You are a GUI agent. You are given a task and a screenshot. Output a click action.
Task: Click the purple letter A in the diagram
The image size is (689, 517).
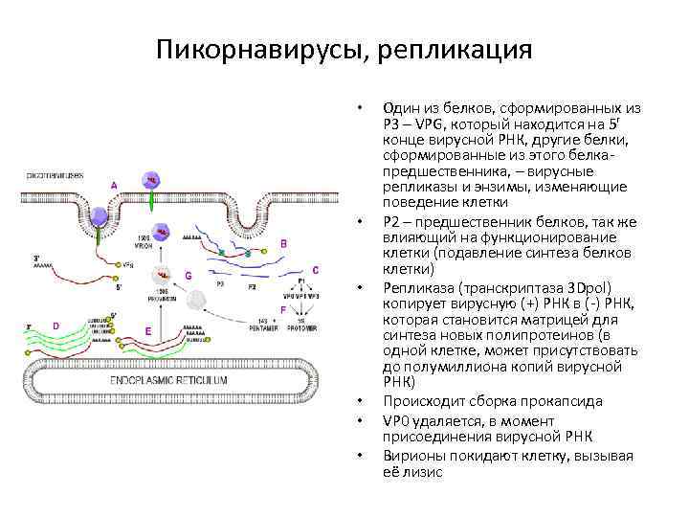click(x=115, y=185)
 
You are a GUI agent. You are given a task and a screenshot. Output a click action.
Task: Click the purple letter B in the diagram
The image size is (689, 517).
click(x=283, y=244)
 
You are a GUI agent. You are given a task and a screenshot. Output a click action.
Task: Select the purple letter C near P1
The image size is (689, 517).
click(x=315, y=271)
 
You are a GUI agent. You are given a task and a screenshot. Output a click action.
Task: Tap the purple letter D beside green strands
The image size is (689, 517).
click(x=56, y=326)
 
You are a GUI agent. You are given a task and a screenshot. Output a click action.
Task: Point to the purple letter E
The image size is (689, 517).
click(x=147, y=330)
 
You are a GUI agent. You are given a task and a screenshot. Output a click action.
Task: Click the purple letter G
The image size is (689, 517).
click(x=189, y=275)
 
